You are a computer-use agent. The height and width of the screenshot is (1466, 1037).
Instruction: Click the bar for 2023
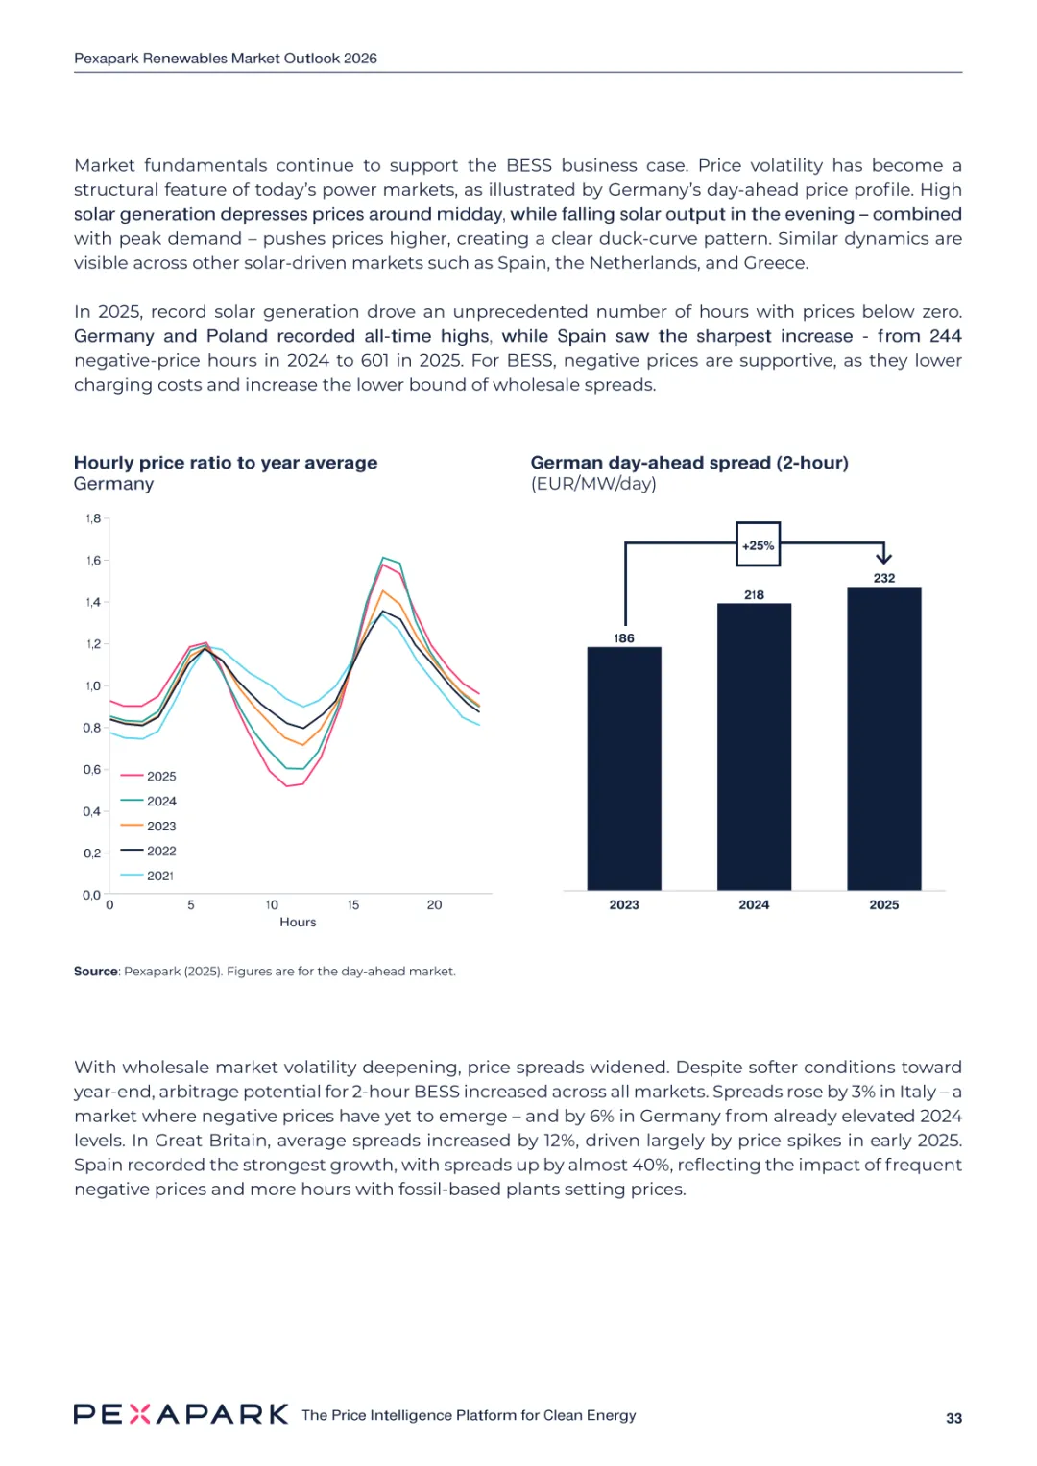pyautogui.click(x=624, y=768)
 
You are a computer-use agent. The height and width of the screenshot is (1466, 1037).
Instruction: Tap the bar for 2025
pyautogui.click(x=883, y=738)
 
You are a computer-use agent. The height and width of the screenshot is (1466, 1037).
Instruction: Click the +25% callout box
pyautogui.click(x=758, y=545)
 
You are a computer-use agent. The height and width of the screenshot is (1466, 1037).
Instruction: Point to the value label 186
pyautogui.click(x=624, y=638)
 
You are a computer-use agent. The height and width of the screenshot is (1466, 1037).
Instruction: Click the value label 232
pyautogui.click(x=883, y=578)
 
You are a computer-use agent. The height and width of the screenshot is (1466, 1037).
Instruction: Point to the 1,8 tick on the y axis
pyautogui.click(x=93, y=518)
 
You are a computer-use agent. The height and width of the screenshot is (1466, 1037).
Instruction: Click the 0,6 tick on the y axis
pyautogui.click(x=92, y=770)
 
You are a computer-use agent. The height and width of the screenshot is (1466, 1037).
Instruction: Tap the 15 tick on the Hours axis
pyautogui.click(x=353, y=905)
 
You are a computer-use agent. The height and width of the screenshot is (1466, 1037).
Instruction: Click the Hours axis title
pyautogui.click(x=298, y=923)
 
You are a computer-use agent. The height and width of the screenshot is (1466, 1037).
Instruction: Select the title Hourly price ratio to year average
pyautogui.click(x=226, y=463)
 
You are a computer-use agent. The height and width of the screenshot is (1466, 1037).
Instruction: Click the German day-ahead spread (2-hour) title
pyautogui.click(x=689, y=463)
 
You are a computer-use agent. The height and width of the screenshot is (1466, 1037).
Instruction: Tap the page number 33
pyautogui.click(x=953, y=1418)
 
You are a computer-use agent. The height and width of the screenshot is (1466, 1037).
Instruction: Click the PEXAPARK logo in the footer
pyautogui.click(x=181, y=1414)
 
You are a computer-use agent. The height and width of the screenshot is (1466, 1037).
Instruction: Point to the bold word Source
pyautogui.click(x=96, y=972)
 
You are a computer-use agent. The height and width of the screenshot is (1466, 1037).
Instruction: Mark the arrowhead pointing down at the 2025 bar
pyautogui.click(x=883, y=557)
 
